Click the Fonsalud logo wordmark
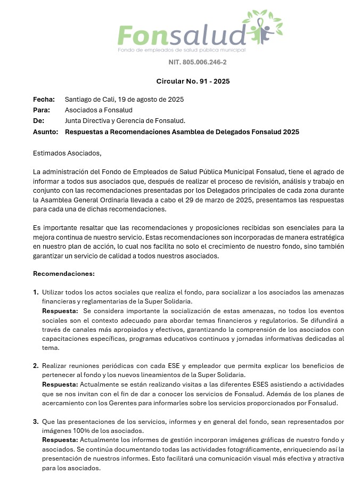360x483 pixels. [181, 35]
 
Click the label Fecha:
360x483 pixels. [44, 100]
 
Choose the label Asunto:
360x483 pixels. [45, 132]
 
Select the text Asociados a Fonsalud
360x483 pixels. [99, 110]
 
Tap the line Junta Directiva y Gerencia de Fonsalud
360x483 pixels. [125, 121]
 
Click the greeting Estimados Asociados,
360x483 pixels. [67, 153]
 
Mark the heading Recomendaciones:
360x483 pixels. [64, 274]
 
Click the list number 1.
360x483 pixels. [36, 292]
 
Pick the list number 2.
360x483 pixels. [36, 366]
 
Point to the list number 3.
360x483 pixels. [36, 421]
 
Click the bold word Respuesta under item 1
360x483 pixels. [60, 310]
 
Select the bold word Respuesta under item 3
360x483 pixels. [60, 439]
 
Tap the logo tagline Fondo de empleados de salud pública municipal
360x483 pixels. [181, 50]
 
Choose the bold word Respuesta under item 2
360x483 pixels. [60, 384]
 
